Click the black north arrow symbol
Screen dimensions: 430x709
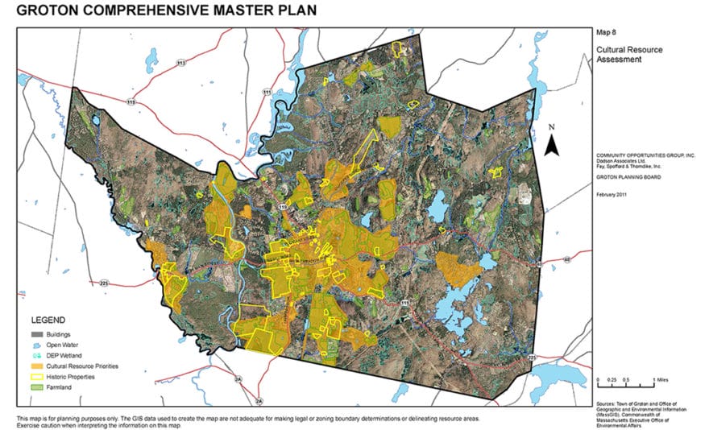pos(552,144)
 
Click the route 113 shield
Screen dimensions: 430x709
pos(181,61)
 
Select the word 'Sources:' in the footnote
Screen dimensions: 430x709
pos(607,399)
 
